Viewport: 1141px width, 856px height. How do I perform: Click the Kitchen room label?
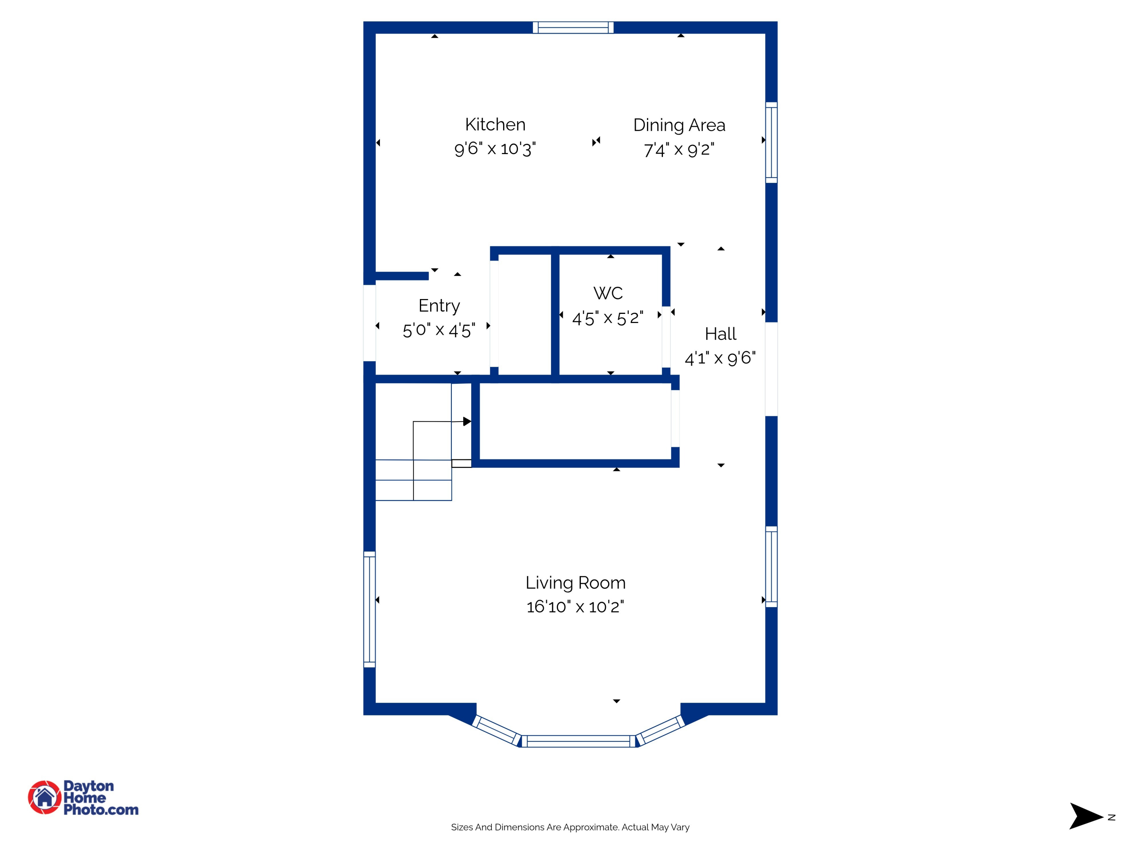[x=495, y=124]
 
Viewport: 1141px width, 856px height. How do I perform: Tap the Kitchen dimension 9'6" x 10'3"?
[x=495, y=149]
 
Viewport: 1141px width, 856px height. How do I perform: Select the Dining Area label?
[x=679, y=125]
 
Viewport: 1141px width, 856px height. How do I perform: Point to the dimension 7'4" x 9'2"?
[x=679, y=150]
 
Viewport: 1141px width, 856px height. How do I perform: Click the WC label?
[x=608, y=293]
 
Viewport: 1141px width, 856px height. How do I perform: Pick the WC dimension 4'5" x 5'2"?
[x=608, y=318]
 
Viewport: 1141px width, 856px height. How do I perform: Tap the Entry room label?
[x=439, y=305]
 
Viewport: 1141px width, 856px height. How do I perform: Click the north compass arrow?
[x=1085, y=817]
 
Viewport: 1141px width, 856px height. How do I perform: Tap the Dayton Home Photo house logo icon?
[x=45, y=797]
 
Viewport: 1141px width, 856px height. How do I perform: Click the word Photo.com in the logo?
[x=101, y=810]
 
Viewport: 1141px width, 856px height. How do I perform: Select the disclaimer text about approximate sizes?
[x=570, y=827]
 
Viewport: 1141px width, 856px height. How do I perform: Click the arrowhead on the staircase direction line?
[x=467, y=422]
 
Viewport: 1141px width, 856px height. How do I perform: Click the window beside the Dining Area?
[x=771, y=142]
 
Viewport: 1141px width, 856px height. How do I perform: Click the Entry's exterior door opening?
[x=369, y=323]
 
